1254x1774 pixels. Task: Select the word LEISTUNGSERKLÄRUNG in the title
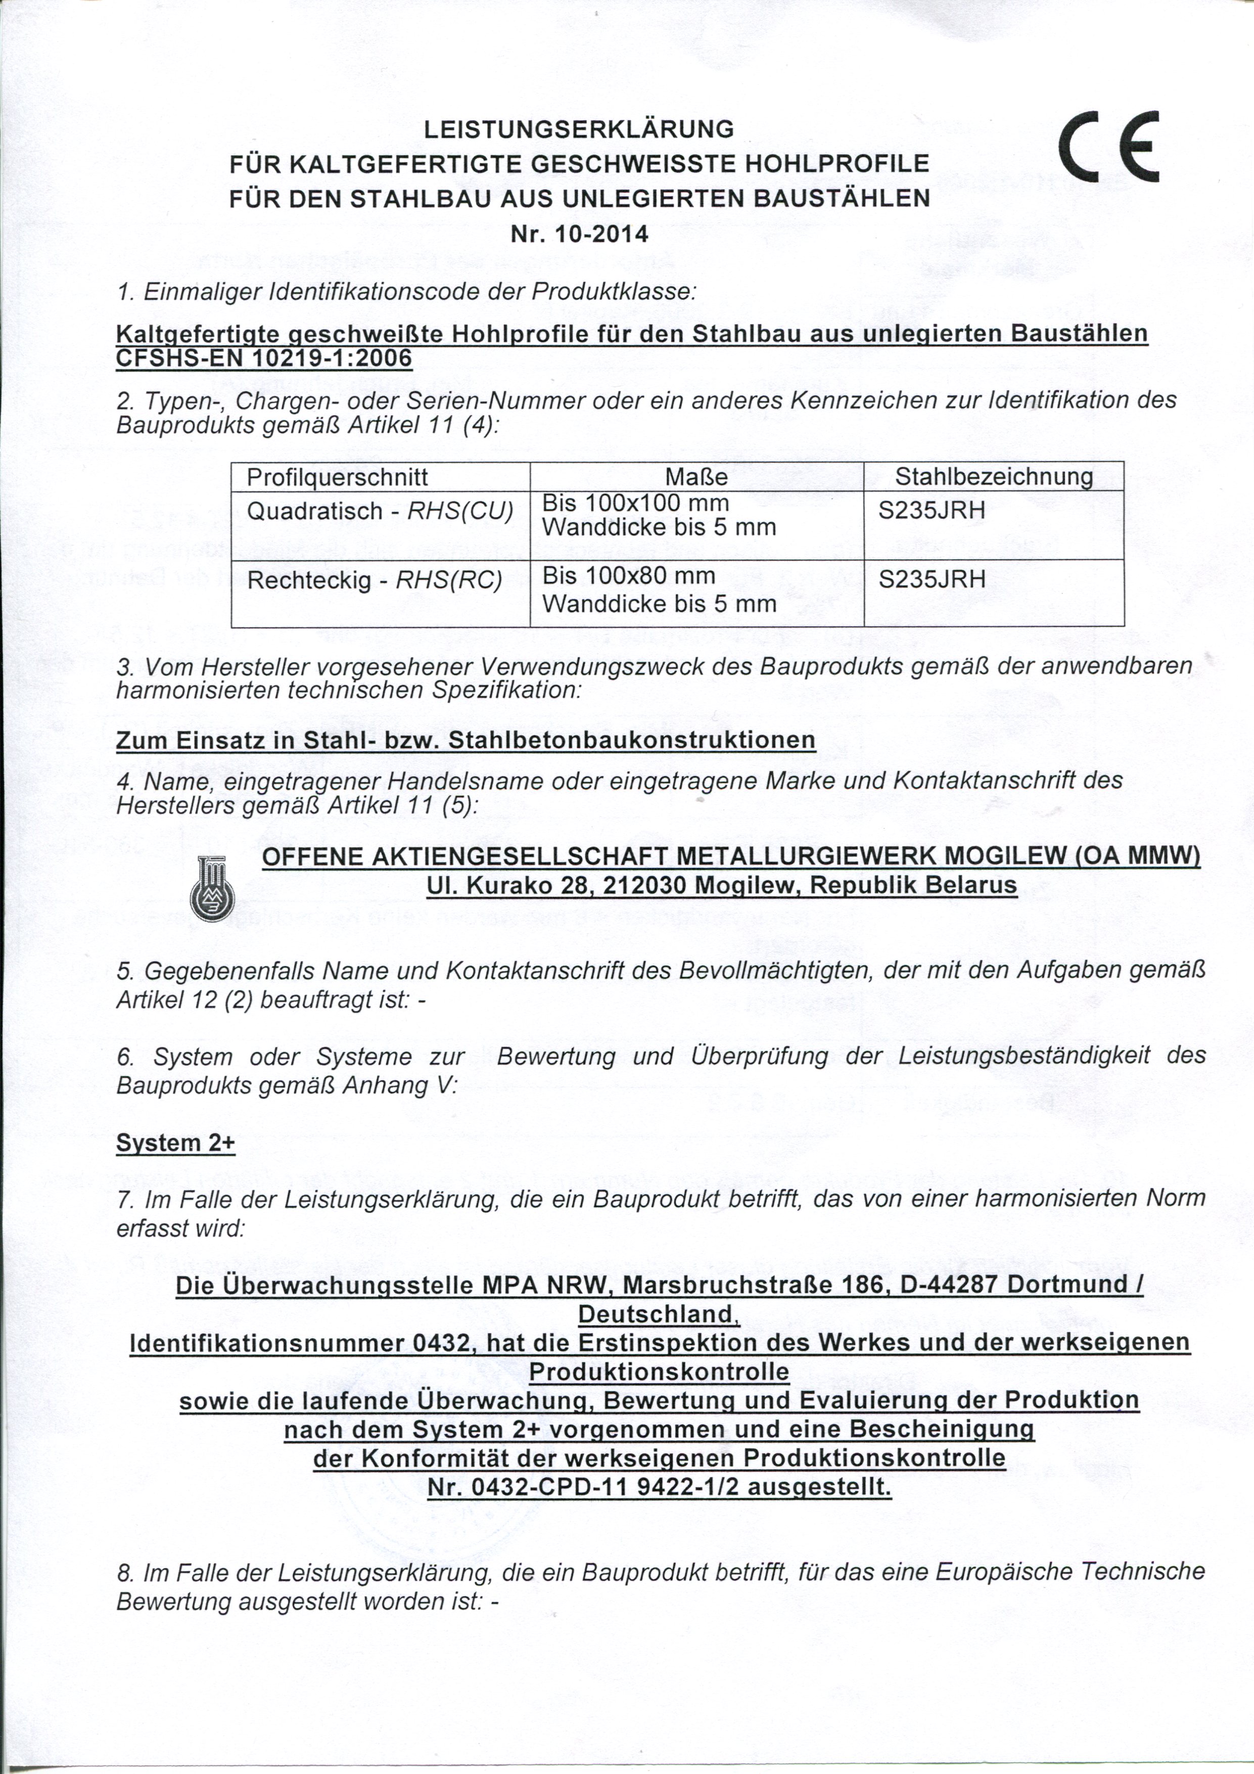point(579,129)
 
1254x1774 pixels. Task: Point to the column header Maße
point(696,477)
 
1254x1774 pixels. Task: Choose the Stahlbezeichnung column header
point(994,477)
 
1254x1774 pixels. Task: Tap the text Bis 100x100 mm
point(636,504)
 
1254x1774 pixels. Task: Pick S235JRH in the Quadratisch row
point(932,512)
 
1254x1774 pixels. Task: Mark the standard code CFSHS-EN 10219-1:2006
point(263,358)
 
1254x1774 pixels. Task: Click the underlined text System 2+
point(175,1143)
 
